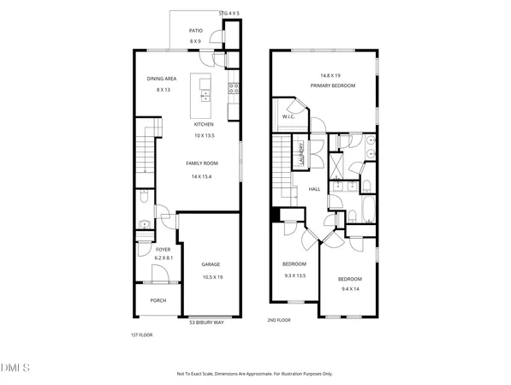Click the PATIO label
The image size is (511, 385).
(x=195, y=30)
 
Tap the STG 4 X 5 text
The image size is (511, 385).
(x=229, y=14)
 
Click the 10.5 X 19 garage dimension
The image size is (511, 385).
(x=211, y=277)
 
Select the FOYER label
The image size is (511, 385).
(x=163, y=249)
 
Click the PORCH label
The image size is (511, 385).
(x=158, y=300)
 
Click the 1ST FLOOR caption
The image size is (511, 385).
(x=140, y=335)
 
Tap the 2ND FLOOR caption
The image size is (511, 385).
(x=279, y=320)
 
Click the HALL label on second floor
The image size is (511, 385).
(x=314, y=189)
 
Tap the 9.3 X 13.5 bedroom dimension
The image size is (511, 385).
(x=295, y=275)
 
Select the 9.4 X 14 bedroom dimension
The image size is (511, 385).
(x=349, y=289)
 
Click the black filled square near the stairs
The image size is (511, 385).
(x=276, y=215)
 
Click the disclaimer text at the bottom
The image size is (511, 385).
(x=255, y=374)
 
